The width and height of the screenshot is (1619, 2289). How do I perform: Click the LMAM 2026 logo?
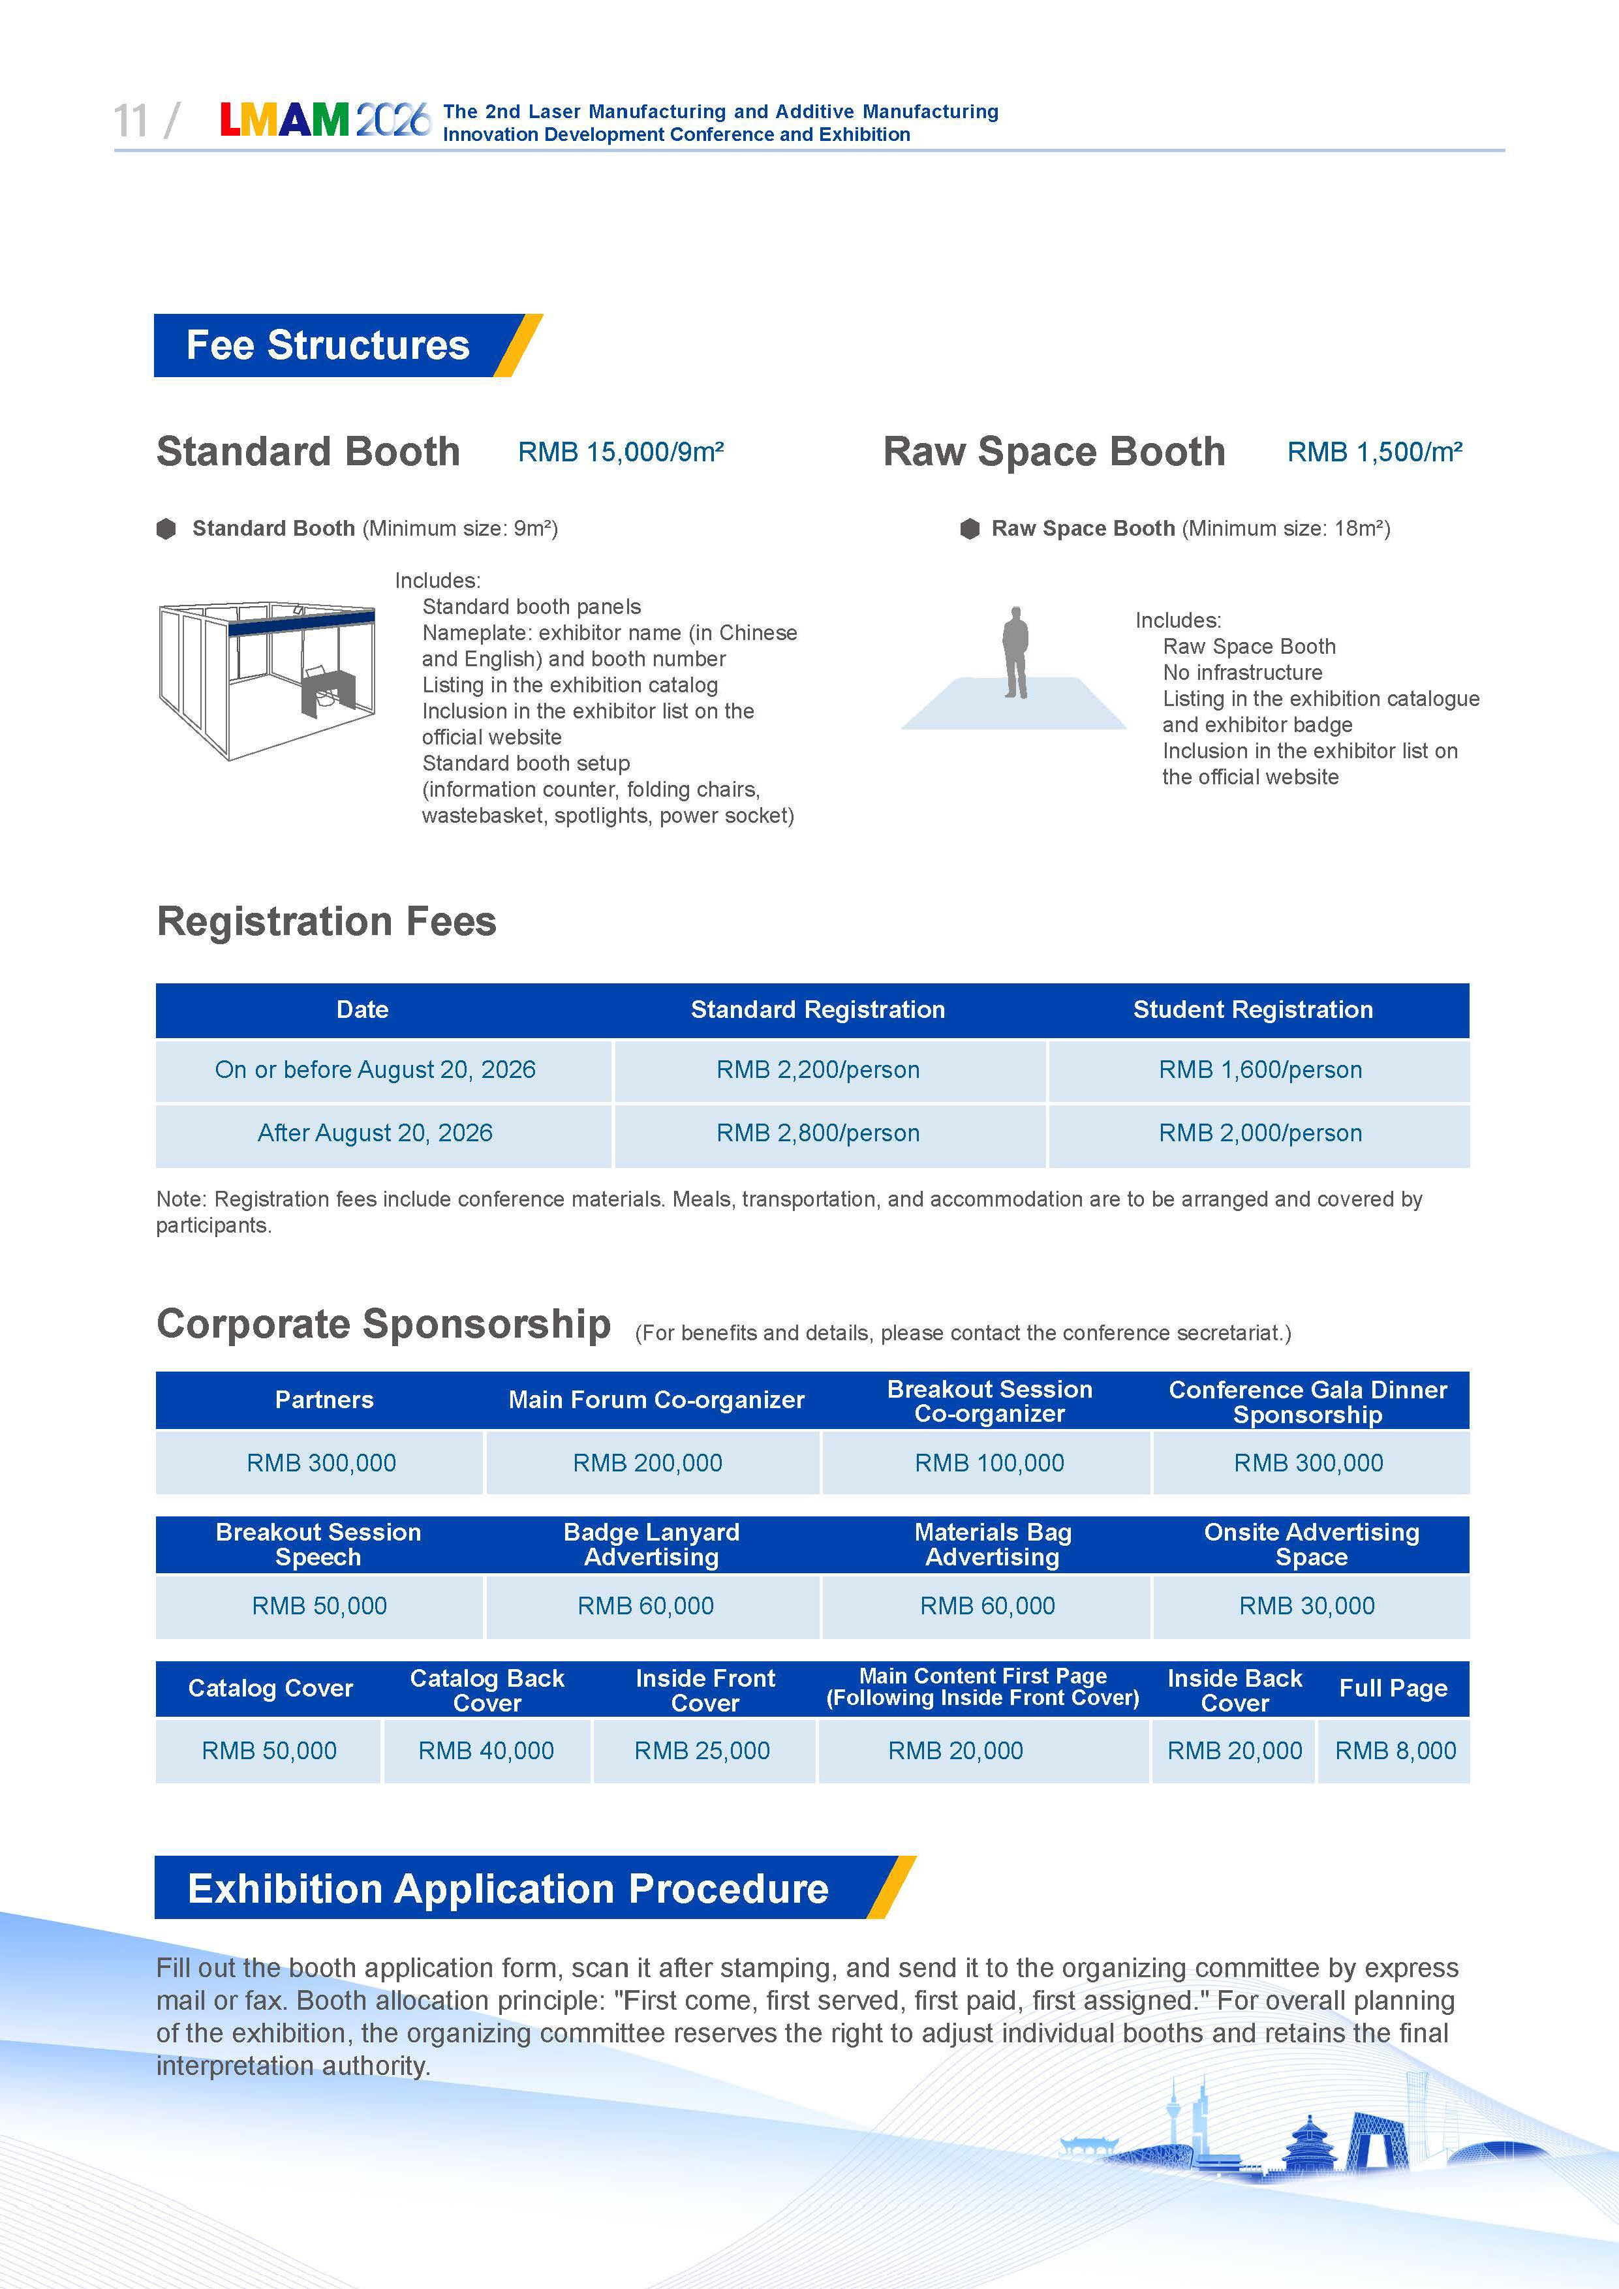(325, 121)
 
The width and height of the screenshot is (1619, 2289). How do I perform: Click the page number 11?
(131, 121)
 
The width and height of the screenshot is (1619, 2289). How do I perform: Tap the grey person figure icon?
(1015, 653)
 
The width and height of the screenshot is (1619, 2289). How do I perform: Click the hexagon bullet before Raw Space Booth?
(969, 529)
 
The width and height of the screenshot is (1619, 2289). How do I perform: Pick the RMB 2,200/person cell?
(818, 1069)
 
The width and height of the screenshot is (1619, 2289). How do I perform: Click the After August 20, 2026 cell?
(375, 1133)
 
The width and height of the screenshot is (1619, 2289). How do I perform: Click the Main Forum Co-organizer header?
(656, 1400)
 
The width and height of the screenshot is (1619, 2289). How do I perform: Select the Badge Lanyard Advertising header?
(651, 1544)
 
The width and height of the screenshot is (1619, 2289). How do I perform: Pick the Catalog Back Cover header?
(487, 1690)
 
